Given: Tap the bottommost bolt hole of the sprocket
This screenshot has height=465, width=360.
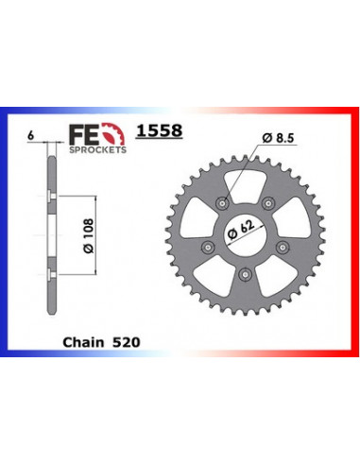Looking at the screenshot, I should (244, 273).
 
